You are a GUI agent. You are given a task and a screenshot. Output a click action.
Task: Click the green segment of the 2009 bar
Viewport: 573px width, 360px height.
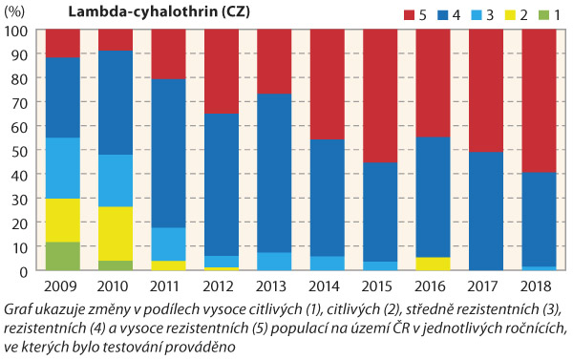62,256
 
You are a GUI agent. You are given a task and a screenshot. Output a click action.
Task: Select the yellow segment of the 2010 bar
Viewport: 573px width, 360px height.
114,233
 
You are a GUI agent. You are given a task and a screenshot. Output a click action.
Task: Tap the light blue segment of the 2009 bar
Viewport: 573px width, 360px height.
62,168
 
